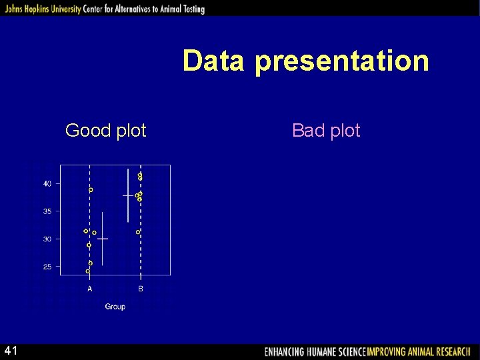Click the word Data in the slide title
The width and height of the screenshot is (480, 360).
pyautogui.click(x=215, y=61)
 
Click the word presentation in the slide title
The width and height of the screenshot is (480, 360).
pyautogui.click(x=341, y=61)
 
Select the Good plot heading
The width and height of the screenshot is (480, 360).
pyautogui.click(x=105, y=131)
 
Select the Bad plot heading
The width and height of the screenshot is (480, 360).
pyautogui.click(x=326, y=131)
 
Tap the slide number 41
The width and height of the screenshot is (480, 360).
pyautogui.click(x=11, y=351)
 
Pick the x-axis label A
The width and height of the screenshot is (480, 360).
pyautogui.click(x=90, y=289)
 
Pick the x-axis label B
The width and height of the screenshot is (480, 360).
pyautogui.click(x=141, y=289)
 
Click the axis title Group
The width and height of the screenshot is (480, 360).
pyautogui.click(x=115, y=307)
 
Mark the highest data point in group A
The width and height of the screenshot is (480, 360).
pyautogui.click(x=91, y=190)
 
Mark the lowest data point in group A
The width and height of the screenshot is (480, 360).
pyautogui.click(x=88, y=271)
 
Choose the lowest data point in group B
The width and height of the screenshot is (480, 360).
pyautogui.click(x=138, y=232)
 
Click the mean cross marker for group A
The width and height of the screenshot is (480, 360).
pyautogui.click(x=102, y=238)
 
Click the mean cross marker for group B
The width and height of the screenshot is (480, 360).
pyautogui.click(x=128, y=195)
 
